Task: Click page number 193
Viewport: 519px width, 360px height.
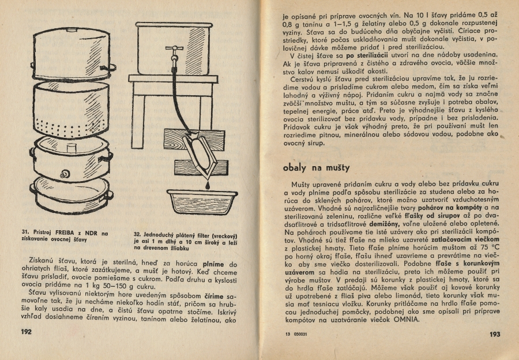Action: coord(494,334)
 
